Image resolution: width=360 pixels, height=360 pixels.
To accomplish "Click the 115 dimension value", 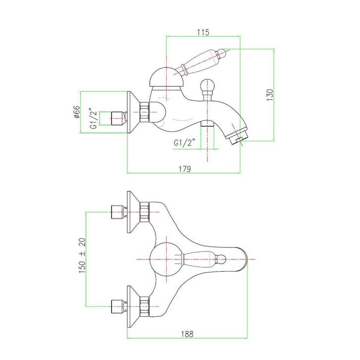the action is point(203,32).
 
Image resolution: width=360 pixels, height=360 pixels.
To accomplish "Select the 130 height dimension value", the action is point(270,95).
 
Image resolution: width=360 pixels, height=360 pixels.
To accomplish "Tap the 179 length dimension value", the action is point(185,169).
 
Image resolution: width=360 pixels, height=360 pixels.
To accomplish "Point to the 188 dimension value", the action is point(187,334).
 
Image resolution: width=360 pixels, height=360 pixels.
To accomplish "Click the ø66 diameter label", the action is point(76,112).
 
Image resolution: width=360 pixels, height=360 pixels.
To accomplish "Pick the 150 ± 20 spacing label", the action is point(82,255).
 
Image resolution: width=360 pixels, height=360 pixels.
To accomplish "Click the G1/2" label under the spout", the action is point(184,143).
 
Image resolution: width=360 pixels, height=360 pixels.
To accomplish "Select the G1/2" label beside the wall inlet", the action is point(94,118).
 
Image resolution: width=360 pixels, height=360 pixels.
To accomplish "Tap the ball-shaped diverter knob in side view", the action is point(208,85).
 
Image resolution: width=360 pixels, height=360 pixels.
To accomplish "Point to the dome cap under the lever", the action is point(166,77).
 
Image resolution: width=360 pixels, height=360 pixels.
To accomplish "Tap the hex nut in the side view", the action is point(145,112).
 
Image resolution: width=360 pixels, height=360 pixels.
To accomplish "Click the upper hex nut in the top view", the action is point(145,212).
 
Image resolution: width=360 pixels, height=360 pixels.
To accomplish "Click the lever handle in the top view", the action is point(203,259).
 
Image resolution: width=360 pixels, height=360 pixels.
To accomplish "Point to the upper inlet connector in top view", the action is point(119,212).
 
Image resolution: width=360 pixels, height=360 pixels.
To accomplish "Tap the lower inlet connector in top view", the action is point(119,306).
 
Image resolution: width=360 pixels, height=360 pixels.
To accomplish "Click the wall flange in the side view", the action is point(133,112).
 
